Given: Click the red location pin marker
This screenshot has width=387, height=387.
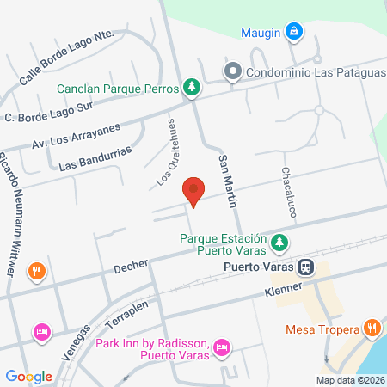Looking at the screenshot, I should pos(193,190).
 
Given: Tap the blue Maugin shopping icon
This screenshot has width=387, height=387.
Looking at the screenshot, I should pos(295,32).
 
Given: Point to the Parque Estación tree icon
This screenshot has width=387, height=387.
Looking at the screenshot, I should pos(279,243).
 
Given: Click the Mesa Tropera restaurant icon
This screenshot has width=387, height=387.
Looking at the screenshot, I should pos(372,328).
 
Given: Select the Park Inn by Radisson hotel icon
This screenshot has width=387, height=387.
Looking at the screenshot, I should pos(222,347).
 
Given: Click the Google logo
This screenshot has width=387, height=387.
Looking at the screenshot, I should pos(28,376).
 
